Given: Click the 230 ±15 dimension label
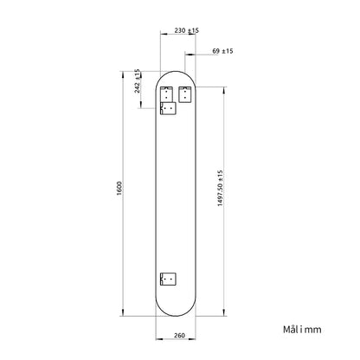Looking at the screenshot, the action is click(x=187, y=30).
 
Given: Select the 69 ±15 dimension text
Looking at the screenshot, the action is click(x=222, y=51).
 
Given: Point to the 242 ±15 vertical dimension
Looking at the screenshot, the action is click(x=138, y=81).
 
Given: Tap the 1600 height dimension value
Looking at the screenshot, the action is click(x=119, y=189).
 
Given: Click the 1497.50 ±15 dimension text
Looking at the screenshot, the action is click(x=221, y=188).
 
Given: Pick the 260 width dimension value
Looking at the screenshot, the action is click(x=179, y=335).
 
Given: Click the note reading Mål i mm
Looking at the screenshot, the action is click(x=302, y=330).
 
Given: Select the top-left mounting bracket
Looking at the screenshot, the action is click(x=166, y=94).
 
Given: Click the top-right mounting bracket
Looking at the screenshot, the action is click(x=184, y=94).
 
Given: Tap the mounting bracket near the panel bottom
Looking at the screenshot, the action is click(x=168, y=279).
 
